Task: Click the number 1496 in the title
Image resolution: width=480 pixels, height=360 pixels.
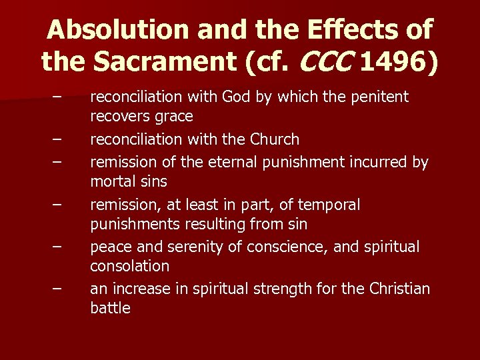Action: pyautogui.click(x=397, y=62)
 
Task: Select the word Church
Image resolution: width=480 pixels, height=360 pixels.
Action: pyautogui.click(x=275, y=140)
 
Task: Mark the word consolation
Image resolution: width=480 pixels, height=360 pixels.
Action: pyautogui.click(x=129, y=266)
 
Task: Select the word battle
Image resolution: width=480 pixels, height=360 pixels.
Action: pyautogui.click(x=110, y=308)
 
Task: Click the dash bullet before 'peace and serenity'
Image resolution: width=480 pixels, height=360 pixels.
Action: pyautogui.click(x=59, y=247)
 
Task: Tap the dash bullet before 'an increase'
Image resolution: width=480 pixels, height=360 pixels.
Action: pyautogui.click(x=59, y=289)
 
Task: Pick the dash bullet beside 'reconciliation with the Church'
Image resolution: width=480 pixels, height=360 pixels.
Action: pyautogui.click(x=59, y=140)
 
